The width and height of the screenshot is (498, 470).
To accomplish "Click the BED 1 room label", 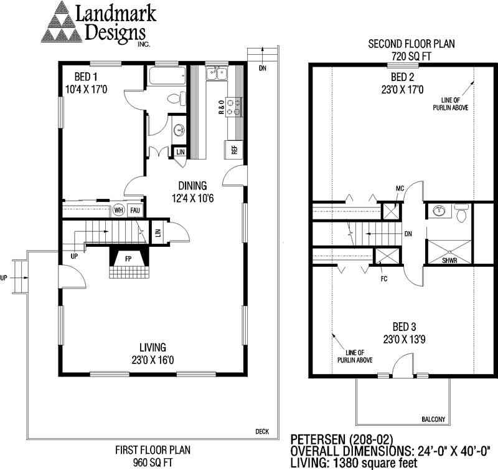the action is pyautogui.click(x=86, y=77).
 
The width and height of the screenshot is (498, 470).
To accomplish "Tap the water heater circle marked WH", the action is pyautogui.click(x=118, y=210).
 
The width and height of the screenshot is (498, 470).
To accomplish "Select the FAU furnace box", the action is pyautogui.click(x=135, y=210).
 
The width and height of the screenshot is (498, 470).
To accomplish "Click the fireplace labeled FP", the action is pyautogui.click(x=128, y=259).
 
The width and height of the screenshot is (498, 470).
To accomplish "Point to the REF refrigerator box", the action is pyautogui.click(x=234, y=150).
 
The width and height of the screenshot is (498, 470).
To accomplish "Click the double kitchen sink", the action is pyautogui.click(x=216, y=74).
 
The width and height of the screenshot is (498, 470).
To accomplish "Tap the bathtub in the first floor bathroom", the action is pyautogui.click(x=167, y=75).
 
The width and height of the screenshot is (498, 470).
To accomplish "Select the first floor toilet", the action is pyautogui.click(x=176, y=98).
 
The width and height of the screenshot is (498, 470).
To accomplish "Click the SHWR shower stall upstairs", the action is pyautogui.click(x=449, y=252).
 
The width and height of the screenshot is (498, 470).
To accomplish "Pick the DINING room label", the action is pyautogui.click(x=192, y=186).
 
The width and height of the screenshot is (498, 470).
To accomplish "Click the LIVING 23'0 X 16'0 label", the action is pyautogui.click(x=153, y=353).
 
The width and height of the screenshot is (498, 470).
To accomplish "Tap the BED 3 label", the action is pyautogui.click(x=404, y=327).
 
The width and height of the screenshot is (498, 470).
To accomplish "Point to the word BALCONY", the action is pyautogui.click(x=433, y=420).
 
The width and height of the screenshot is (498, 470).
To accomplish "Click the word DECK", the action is pyautogui.click(x=262, y=431).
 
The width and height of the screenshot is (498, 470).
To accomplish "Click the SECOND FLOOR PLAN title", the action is pyautogui.click(x=411, y=44).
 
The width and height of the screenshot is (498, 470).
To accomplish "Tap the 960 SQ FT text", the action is pyautogui.click(x=153, y=463).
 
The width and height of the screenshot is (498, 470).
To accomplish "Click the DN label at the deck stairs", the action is pyautogui.click(x=262, y=68).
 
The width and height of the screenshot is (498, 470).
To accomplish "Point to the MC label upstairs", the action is pyautogui.click(x=400, y=189).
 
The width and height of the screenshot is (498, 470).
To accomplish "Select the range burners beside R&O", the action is pyautogui.click(x=234, y=107).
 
